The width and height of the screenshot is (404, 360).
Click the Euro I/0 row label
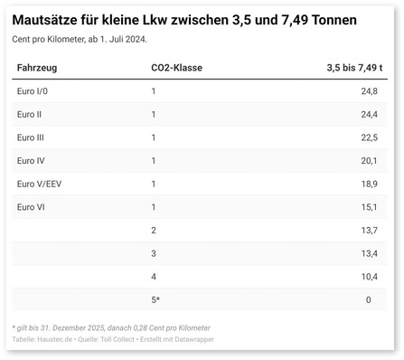coord(35,92)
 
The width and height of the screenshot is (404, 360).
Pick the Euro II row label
coord(32,114)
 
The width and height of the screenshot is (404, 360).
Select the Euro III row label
coord(33,137)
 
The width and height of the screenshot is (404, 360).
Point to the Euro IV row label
coord(33,161)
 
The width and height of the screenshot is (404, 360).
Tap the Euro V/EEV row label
coord(40,184)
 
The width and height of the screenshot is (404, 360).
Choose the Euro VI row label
coord(32,207)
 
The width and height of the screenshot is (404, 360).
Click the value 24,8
coord(369,92)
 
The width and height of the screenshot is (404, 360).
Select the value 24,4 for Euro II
coord(369,114)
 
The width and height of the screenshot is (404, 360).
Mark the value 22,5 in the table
coord(369,137)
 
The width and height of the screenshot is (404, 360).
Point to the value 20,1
coord(369,161)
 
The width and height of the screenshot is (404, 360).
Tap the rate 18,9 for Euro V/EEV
coord(369,184)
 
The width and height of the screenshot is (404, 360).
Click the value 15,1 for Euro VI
coord(369,207)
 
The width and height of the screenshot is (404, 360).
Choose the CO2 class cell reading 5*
coord(155,299)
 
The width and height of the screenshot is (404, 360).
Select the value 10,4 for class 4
coord(369,276)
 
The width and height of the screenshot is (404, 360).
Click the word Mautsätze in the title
coord(50,19)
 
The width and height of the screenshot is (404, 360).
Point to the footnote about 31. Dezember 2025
coord(111,327)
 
